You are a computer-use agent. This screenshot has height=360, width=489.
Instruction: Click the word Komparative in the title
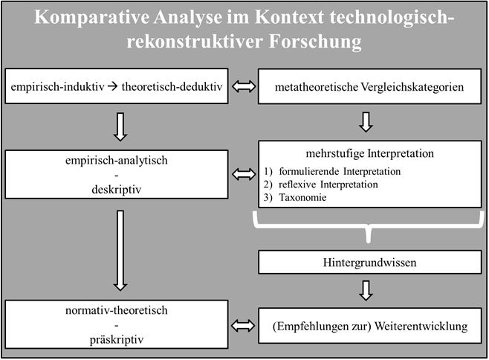[91, 18]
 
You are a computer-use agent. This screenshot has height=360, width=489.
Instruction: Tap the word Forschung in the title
[315, 42]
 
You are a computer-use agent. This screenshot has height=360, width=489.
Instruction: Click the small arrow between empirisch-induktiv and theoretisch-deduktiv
[112, 86]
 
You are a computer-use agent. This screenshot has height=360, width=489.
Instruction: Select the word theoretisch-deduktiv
[172, 86]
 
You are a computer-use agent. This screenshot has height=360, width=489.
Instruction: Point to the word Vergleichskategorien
[412, 87]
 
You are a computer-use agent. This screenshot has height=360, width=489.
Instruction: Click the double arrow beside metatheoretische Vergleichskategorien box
[244, 86]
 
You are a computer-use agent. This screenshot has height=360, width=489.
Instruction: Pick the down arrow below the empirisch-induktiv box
[120, 126]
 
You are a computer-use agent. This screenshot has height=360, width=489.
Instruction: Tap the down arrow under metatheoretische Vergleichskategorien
[366, 122]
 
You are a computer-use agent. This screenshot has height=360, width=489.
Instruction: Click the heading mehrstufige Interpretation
[369, 154]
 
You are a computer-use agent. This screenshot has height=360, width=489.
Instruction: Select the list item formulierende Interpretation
[340, 171]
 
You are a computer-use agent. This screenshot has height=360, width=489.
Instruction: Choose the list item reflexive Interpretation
[328, 184]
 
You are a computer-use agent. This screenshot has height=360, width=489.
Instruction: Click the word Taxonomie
[302, 198]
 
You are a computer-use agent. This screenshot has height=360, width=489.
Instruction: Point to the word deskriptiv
[117, 190]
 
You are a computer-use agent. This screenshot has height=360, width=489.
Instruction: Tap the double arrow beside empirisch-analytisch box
[244, 174]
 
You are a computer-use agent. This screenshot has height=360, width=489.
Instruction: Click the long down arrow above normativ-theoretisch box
[120, 251]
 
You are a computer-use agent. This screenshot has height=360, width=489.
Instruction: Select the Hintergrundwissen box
[369, 263]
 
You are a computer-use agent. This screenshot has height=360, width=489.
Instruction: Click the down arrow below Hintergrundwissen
[366, 290]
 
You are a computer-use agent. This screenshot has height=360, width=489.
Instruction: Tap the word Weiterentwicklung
[421, 327]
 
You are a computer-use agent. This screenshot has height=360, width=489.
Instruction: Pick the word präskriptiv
[117, 340]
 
